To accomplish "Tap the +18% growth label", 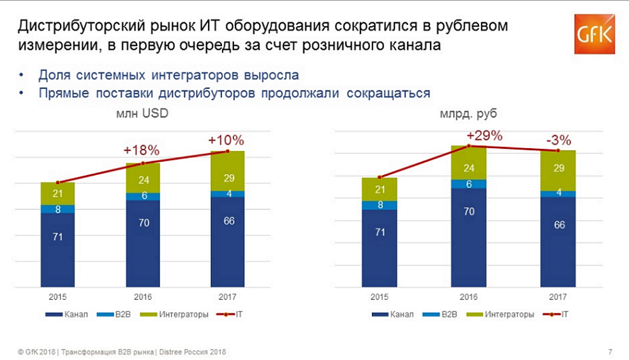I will coord(142,151).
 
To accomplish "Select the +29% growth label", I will coord(485,135).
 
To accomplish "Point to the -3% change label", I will coord(558,140).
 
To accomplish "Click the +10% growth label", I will coord(226,140).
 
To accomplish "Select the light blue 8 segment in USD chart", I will coord(57,209).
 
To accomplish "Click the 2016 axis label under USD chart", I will coord(142,297).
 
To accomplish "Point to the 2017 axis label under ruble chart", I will coord(558,297).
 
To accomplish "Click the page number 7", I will coord(610,352).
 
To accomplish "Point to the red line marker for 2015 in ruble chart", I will coord(380,177).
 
